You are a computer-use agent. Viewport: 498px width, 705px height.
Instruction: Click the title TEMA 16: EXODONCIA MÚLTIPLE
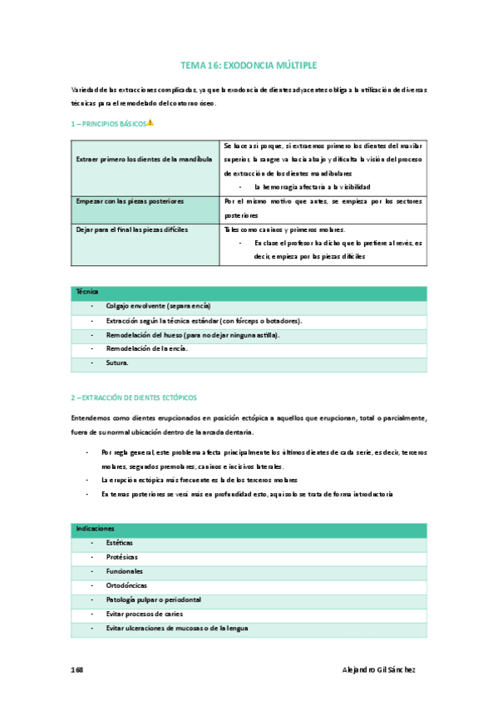click(x=249, y=64)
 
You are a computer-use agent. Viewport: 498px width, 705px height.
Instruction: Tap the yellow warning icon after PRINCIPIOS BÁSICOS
click(x=150, y=123)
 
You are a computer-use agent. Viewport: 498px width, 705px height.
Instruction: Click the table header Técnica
click(x=87, y=292)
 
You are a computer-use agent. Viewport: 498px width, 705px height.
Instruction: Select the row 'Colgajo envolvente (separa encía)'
click(x=158, y=306)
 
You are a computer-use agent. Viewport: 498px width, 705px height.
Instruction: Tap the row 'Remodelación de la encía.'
click(x=146, y=349)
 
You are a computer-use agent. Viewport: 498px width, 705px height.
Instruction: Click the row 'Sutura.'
click(x=117, y=363)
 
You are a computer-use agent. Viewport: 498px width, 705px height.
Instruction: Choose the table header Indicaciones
click(x=95, y=528)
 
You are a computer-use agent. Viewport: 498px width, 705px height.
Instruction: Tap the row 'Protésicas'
click(x=121, y=557)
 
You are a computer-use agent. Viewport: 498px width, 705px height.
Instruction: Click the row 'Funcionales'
click(x=124, y=571)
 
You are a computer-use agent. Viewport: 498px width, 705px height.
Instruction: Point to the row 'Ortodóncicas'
click(x=126, y=585)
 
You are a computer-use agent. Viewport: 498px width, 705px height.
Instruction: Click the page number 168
click(x=76, y=670)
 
